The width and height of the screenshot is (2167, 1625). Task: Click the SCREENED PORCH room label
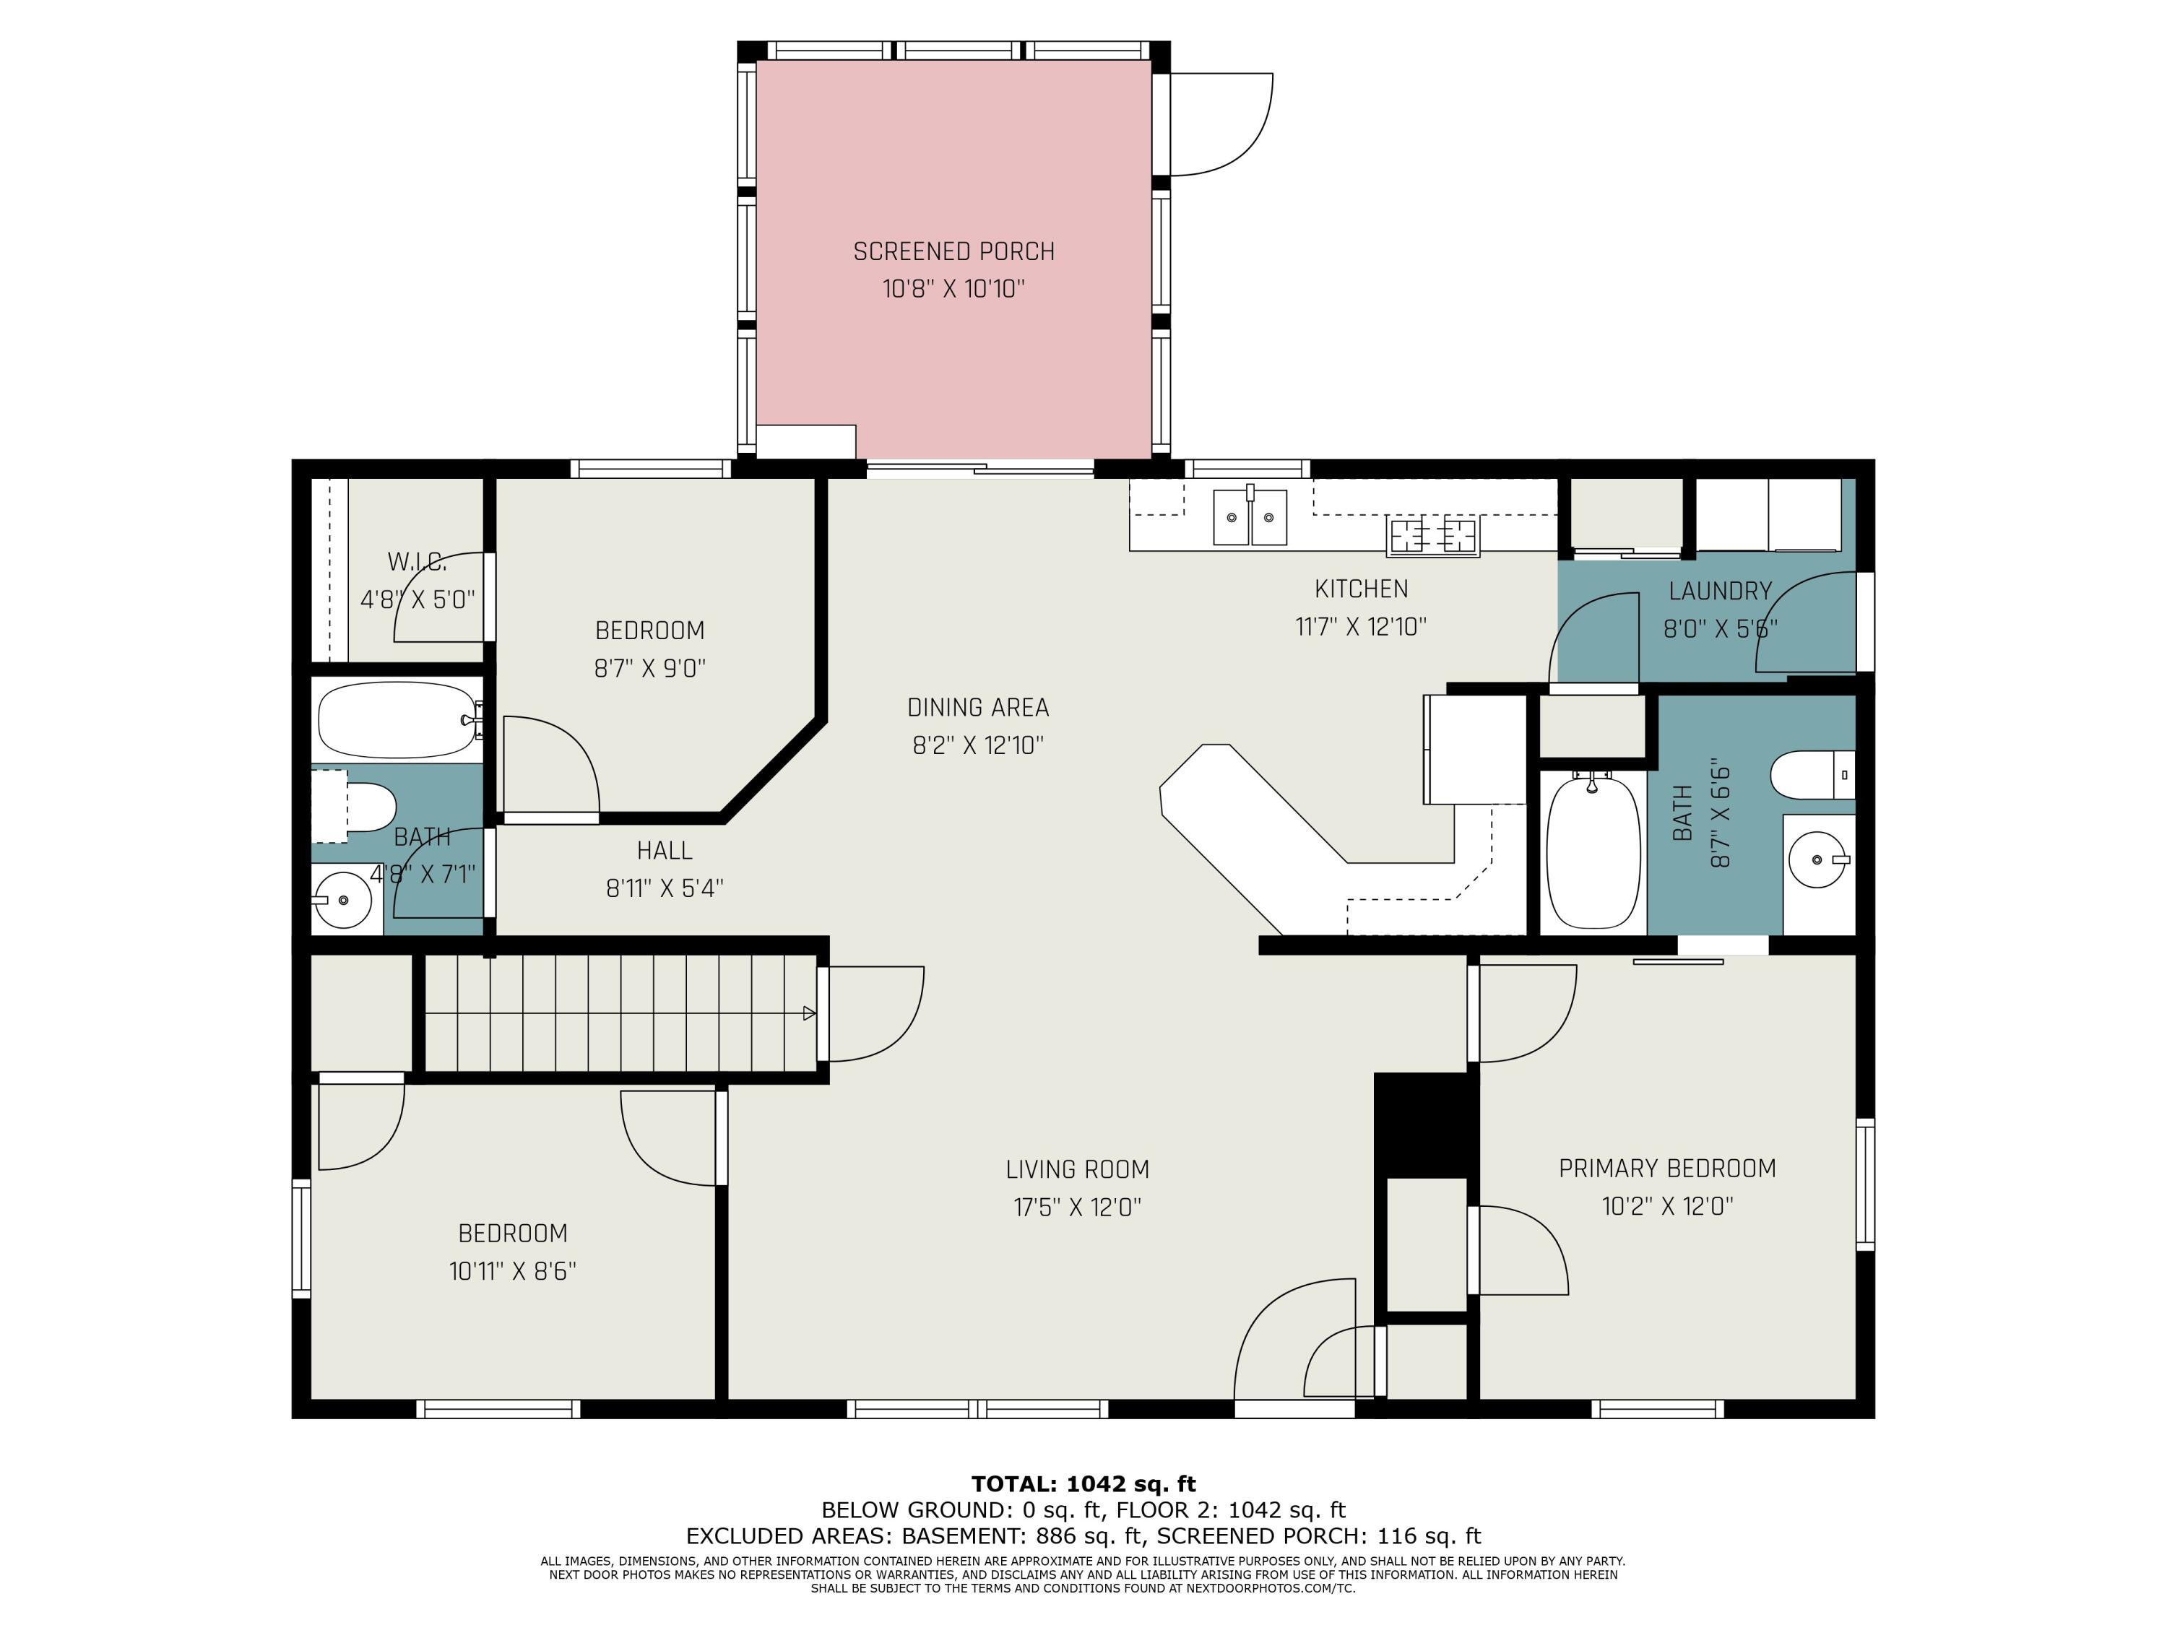[953, 252]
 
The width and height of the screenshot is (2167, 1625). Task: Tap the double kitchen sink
[1250, 516]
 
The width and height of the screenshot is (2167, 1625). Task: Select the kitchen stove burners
[1432, 536]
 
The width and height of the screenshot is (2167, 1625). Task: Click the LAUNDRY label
[1721, 591]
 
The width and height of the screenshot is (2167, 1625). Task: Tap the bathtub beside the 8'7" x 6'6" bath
[1593, 849]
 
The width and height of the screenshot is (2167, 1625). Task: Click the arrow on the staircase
[809, 1013]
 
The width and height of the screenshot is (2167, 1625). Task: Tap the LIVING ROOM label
[1078, 1169]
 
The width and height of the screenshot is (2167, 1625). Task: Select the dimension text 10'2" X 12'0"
[1667, 1206]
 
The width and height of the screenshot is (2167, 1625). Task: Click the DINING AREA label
[978, 707]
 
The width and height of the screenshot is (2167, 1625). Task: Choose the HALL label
[665, 850]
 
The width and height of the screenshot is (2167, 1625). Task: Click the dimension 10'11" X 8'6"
[512, 1270]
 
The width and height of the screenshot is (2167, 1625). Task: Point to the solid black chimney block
[1425, 1125]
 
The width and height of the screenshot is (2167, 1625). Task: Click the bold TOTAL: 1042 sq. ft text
[1083, 1484]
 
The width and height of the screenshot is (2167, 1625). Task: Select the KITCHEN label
[1361, 589]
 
